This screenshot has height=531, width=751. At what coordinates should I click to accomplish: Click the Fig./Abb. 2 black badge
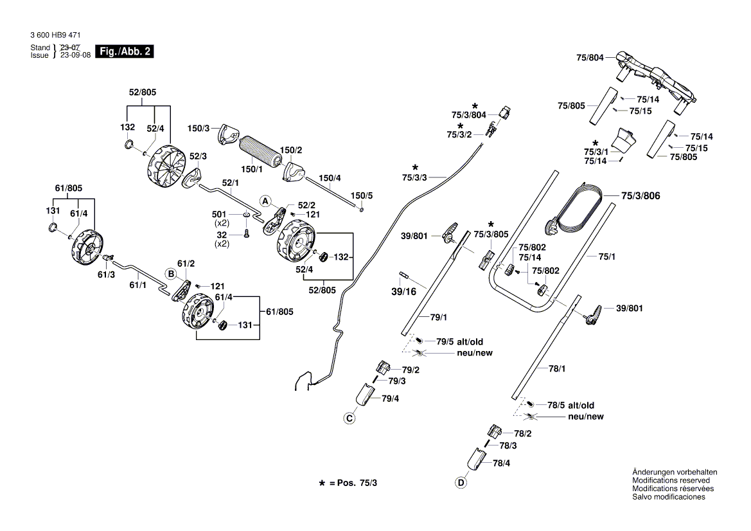point(124,52)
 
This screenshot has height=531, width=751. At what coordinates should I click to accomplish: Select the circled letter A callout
point(264,201)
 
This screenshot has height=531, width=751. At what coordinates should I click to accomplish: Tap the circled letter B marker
point(171,274)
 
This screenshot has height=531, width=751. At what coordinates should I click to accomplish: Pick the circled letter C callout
point(349,419)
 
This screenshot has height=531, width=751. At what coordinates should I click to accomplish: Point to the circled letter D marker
point(461,483)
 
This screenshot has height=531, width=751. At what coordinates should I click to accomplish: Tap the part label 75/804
point(590,58)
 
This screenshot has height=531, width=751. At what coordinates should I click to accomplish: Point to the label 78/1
point(556,369)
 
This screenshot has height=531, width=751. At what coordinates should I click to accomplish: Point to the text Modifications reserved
point(671,480)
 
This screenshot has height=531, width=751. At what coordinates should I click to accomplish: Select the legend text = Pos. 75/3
point(353,482)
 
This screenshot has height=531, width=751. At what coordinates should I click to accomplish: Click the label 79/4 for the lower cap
point(391,399)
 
